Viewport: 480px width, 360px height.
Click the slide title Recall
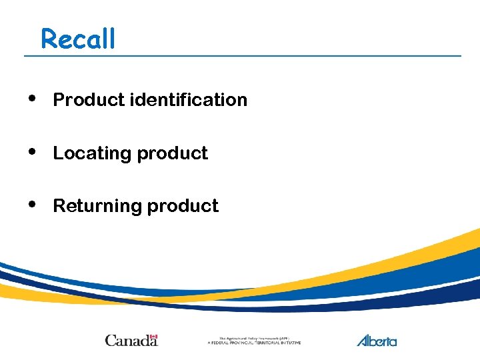pyautogui.click(x=78, y=39)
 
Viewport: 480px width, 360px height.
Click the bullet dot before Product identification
pyautogui.click(x=33, y=98)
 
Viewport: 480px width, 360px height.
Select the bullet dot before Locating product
pyautogui.click(x=33, y=151)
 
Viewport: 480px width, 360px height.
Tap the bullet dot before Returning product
pyautogui.click(x=33, y=204)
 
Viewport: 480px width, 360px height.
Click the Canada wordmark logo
pyautogui.click(x=131, y=340)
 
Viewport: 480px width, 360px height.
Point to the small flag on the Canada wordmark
pyautogui.click(x=153, y=336)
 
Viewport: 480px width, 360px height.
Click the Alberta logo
pyautogui.click(x=377, y=340)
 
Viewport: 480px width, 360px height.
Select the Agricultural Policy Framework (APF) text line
pyautogui.click(x=254, y=338)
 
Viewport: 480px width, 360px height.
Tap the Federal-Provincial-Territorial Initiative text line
pyautogui.click(x=254, y=343)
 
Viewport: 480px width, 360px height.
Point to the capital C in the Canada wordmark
pyautogui.click(x=110, y=341)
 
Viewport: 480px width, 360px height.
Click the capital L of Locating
pyautogui.click(x=57, y=153)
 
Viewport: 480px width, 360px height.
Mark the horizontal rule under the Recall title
pyautogui.click(x=243, y=55)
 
